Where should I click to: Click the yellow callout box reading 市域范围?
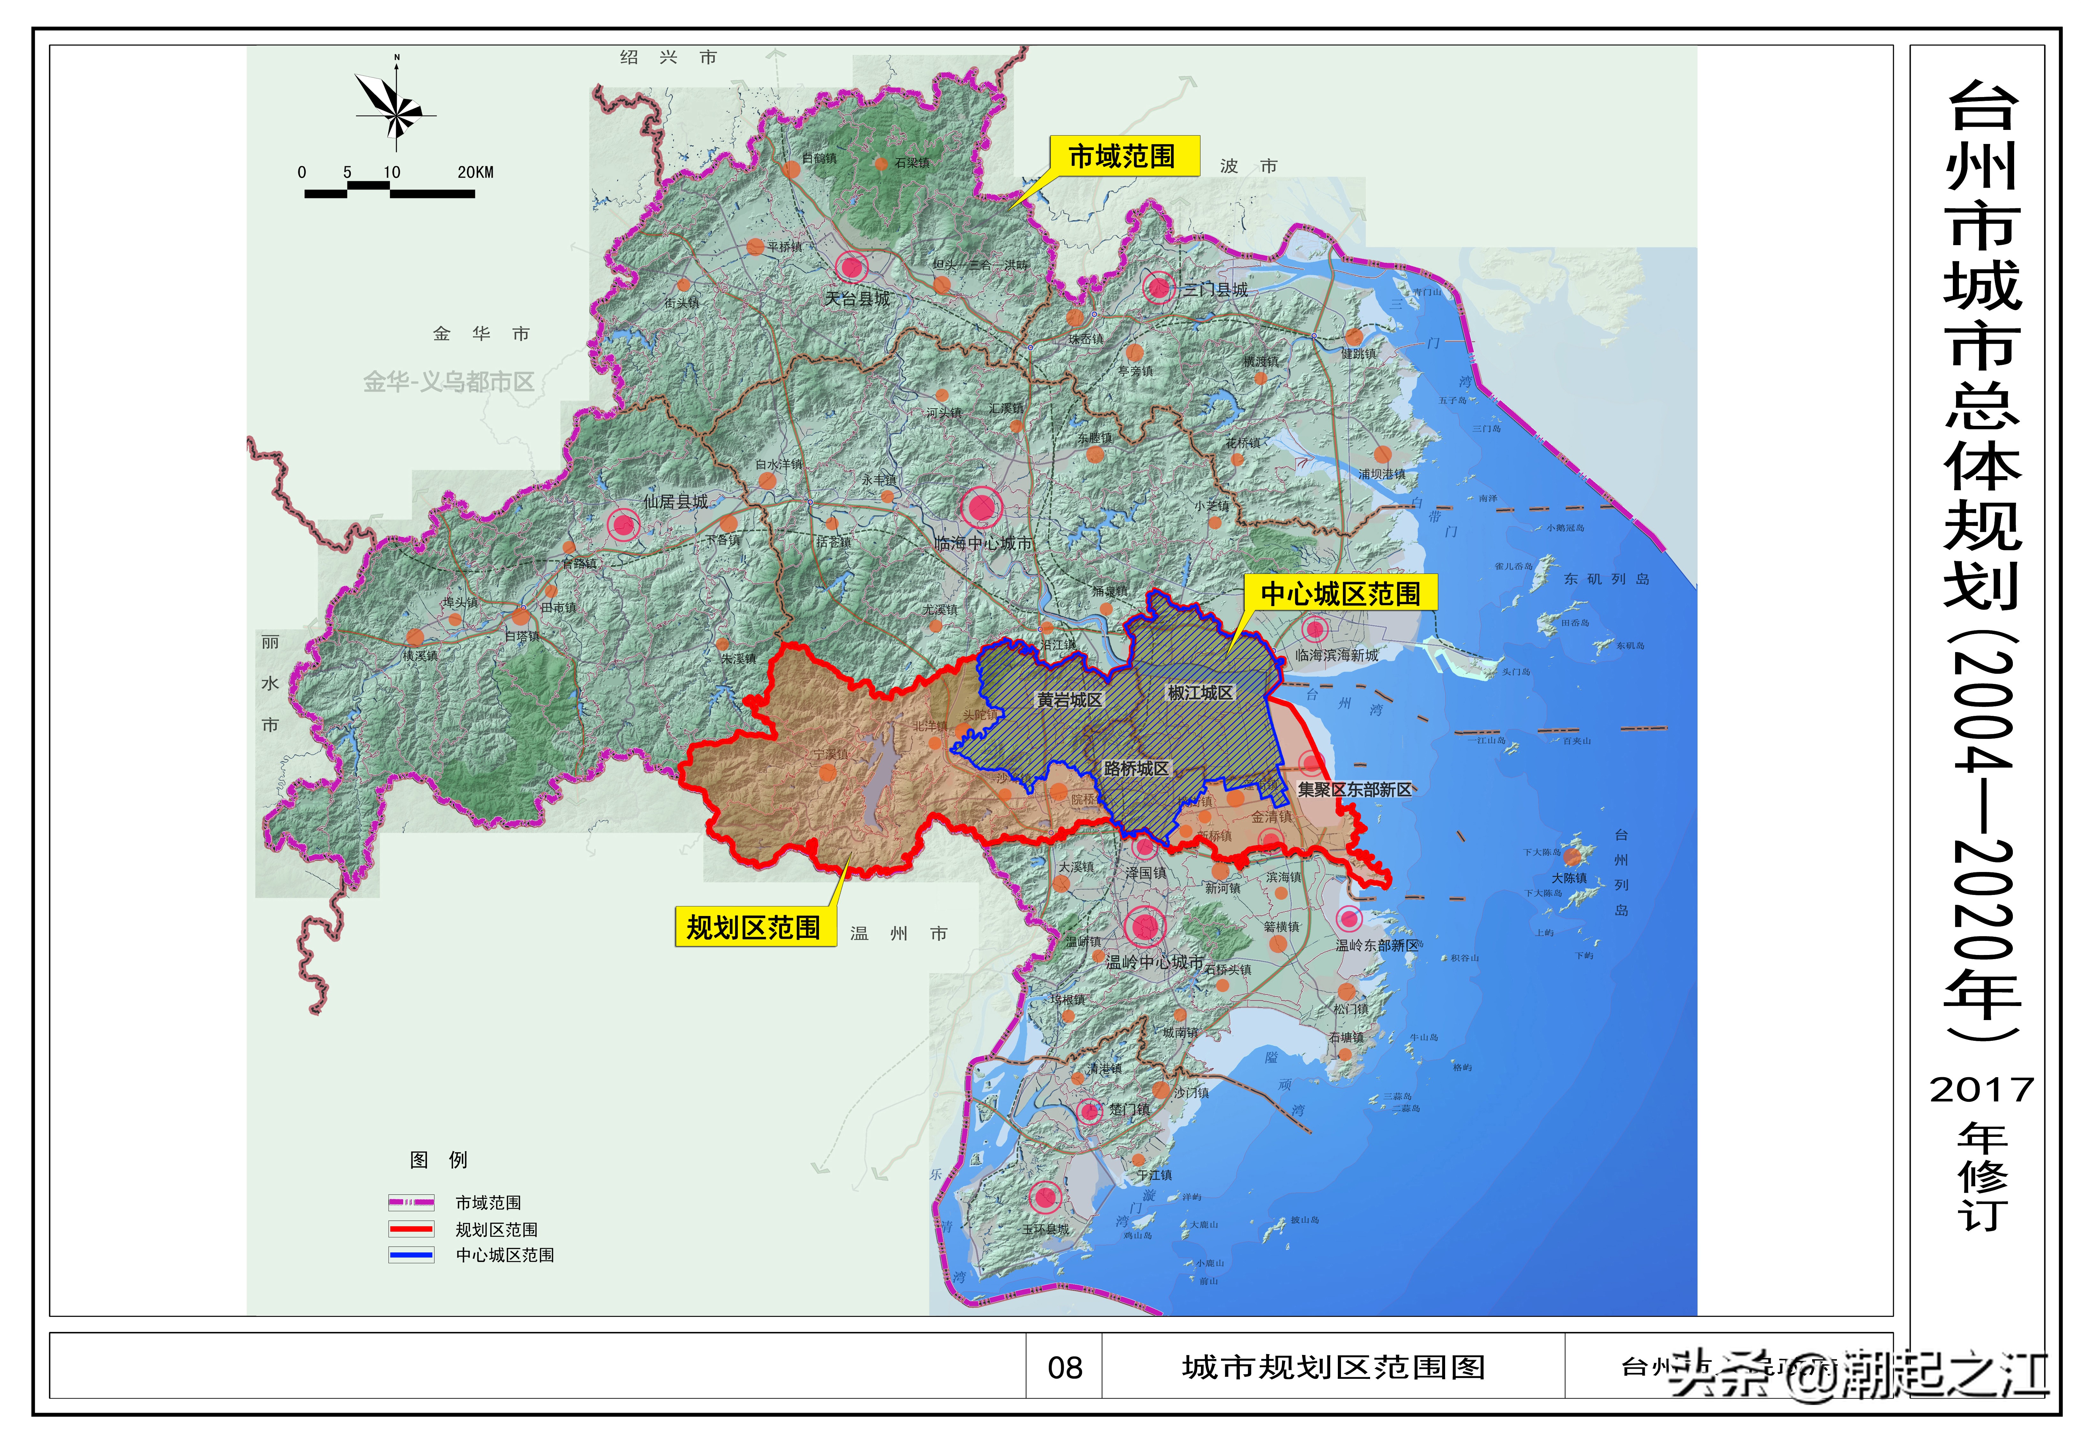[x=1123, y=156]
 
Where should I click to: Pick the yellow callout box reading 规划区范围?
[x=753, y=927]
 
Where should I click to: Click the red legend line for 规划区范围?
[x=411, y=1229]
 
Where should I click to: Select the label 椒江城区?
[x=1200, y=693]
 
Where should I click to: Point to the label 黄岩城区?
[x=1069, y=700]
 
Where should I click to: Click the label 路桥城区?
[x=1136, y=769]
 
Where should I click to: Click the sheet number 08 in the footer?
[x=1065, y=1368]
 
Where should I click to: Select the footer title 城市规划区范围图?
[x=1333, y=1368]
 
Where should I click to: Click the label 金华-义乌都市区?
[x=449, y=382]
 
